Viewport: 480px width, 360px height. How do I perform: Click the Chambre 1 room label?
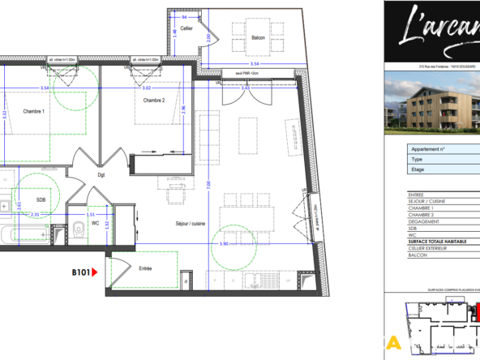click(34, 111)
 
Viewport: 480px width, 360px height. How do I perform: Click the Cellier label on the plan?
click(186, 28)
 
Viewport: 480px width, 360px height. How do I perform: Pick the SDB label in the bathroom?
click(40, 199)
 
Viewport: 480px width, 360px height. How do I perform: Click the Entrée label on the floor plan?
click(145, 268)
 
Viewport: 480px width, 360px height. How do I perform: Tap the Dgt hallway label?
click(102, 174)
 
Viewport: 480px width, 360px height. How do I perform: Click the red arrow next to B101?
click(95, 274)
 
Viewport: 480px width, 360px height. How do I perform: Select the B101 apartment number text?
click(79, 274)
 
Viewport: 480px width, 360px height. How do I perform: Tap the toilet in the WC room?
click(75, 229)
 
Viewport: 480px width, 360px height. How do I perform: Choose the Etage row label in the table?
click(419, 170)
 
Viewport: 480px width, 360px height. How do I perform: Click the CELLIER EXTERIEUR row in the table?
click(433, 248)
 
